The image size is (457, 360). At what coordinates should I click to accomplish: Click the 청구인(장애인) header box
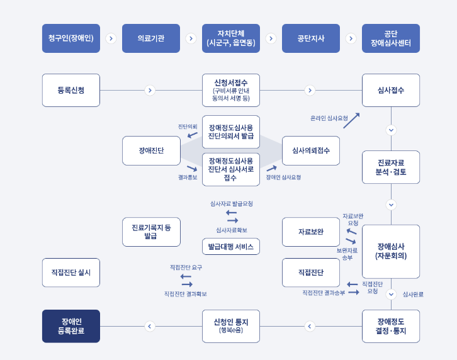click(71, 38)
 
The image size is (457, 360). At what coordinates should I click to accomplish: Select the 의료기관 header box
click(151, 38)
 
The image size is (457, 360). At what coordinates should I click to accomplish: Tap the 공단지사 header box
click(311, 38)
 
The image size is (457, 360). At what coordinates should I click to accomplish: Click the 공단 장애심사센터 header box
click(391, 38)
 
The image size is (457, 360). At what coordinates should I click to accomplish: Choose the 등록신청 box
click(71, 90)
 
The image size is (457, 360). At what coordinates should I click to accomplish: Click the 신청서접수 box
click(231, 90)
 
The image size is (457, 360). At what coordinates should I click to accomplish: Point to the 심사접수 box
click(391, 90)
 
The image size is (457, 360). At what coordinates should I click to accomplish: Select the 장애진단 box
click(151, 150)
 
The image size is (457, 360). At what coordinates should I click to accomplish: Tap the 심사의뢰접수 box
click(311, 150)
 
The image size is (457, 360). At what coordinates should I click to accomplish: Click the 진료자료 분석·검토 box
click(391, 167)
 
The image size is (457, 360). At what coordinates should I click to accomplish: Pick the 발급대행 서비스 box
click(231, 247)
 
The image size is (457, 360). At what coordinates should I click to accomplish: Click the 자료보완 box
click(311, 232)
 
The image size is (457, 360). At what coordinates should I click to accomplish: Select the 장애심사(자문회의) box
click(391, 251)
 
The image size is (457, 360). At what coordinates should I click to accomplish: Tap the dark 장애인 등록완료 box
click(71, 326)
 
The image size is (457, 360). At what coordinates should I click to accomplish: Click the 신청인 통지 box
click(231, 326)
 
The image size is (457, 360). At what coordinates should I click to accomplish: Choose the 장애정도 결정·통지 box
click(391, 326)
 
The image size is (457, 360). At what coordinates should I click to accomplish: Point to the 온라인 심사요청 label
click(329, 118)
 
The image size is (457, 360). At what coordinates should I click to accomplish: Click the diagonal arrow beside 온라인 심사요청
click(351, 120)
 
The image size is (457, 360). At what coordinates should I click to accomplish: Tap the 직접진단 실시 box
click(71, 273)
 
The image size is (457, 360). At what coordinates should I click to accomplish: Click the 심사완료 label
click(413, 294)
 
